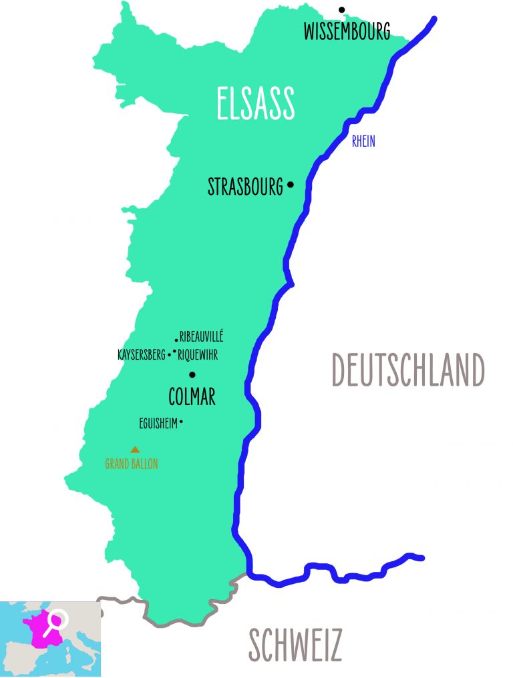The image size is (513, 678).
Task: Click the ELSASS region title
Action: coord(256,103)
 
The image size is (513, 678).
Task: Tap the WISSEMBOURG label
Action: coord(347,31)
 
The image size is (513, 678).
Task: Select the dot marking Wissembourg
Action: coord(341,9)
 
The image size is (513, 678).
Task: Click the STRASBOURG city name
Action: coord(245,187)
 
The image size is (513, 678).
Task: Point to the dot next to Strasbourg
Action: coord(290,185)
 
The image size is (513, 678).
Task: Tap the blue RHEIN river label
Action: coord(363,141)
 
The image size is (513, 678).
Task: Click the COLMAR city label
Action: coord(192,398)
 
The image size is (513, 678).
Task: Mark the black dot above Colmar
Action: coord(192,374)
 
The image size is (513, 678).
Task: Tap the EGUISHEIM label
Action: coord(158,422)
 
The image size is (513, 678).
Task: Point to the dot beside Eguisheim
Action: coord(182,421)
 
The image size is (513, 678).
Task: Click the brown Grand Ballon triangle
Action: coord(135,450)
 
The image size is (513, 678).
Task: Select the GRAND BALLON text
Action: coord(132,464)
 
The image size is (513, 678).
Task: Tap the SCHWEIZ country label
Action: coord(295,645)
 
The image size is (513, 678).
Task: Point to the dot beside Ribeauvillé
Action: coord(176,340)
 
